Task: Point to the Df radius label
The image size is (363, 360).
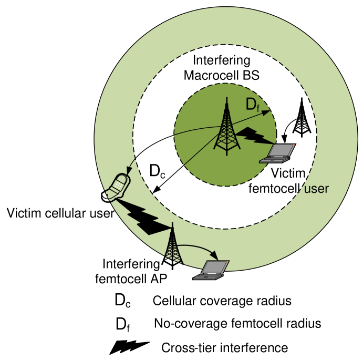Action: click(253, 105)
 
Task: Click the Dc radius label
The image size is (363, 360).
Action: click(157, 171)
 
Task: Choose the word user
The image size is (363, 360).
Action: click(314, 188)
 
